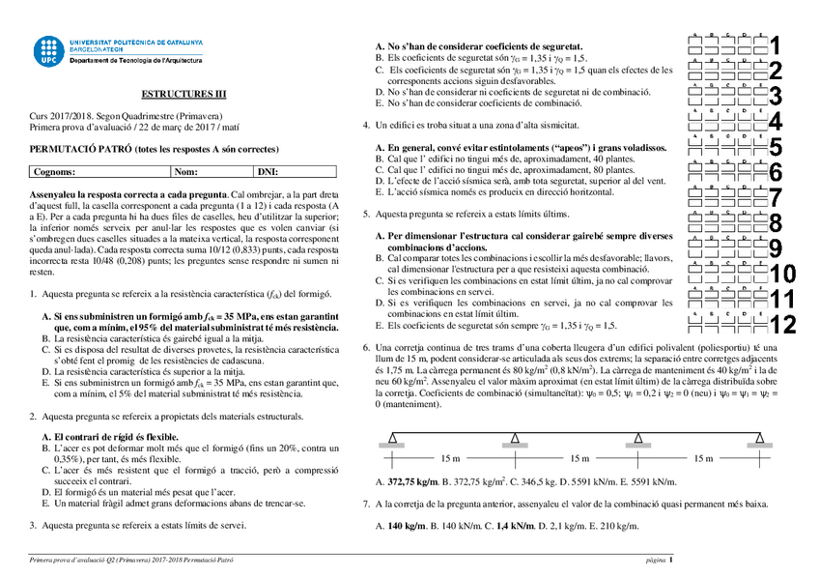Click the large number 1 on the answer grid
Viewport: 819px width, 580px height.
[775, 44]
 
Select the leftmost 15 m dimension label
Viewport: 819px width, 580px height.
[451, 458]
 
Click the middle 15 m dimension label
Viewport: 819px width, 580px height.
[577, 458]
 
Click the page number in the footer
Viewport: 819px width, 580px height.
[671, 560]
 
